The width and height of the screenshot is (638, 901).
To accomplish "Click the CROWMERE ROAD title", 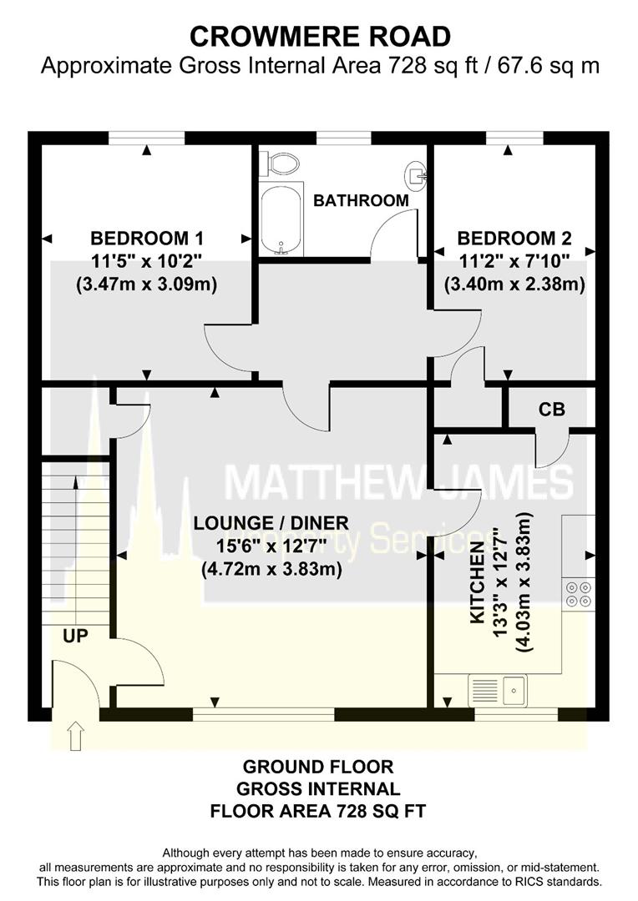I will pos(320,36).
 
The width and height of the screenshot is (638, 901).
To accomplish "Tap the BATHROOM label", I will pos(361,200).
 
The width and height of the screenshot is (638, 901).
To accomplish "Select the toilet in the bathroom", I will pos(280,164).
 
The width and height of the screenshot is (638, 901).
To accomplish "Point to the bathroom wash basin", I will pos(416,174).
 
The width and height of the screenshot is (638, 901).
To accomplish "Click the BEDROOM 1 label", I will pos(147,237).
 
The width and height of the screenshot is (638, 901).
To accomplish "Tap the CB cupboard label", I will pos(552,410).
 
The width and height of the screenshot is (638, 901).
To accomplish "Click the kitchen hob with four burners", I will pos(579,592).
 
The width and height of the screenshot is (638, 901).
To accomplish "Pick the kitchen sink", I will pos(498,689).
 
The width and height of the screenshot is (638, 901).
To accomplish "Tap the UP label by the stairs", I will pos(76,636).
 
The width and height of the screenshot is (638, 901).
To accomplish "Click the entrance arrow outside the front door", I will pos(76,737).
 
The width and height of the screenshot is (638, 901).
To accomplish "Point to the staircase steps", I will pos(76,542).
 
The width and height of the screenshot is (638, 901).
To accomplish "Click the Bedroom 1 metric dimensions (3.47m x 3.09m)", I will pos(147,284).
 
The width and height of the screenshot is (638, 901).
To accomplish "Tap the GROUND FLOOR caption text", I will pos(318,767).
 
